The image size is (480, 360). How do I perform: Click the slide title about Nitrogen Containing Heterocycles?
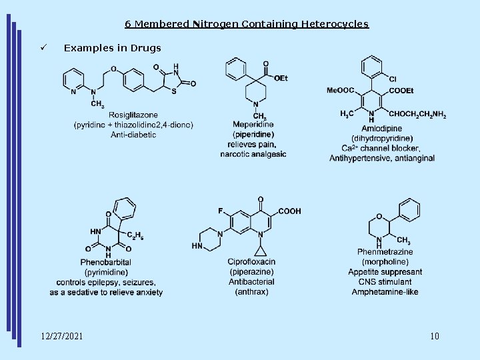pos(246,24)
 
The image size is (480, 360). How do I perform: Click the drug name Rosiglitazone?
pos(133,115)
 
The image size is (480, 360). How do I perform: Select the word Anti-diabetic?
pos(133,134)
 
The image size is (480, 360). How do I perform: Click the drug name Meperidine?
pos(253,125)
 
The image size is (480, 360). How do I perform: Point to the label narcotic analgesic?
pos(253,153)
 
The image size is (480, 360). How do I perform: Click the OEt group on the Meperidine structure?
pos(281,78)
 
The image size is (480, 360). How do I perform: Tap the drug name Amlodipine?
pos(381,129)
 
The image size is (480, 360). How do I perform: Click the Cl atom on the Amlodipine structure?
pos(392,79)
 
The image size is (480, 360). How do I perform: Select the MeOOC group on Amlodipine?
pos(340,91)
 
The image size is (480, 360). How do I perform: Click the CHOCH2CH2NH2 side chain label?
pos(417,115)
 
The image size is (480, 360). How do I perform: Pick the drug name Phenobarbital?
pos(106,263)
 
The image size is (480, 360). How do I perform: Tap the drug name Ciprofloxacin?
pos(251,263)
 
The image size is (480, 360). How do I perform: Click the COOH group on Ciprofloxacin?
pos(289,211)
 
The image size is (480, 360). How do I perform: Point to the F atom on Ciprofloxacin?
pos(220,211)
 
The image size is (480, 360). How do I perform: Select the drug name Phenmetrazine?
pos(385,251)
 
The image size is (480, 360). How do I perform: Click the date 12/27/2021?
pos(61,335)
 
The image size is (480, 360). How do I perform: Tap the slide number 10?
pos(435,335)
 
